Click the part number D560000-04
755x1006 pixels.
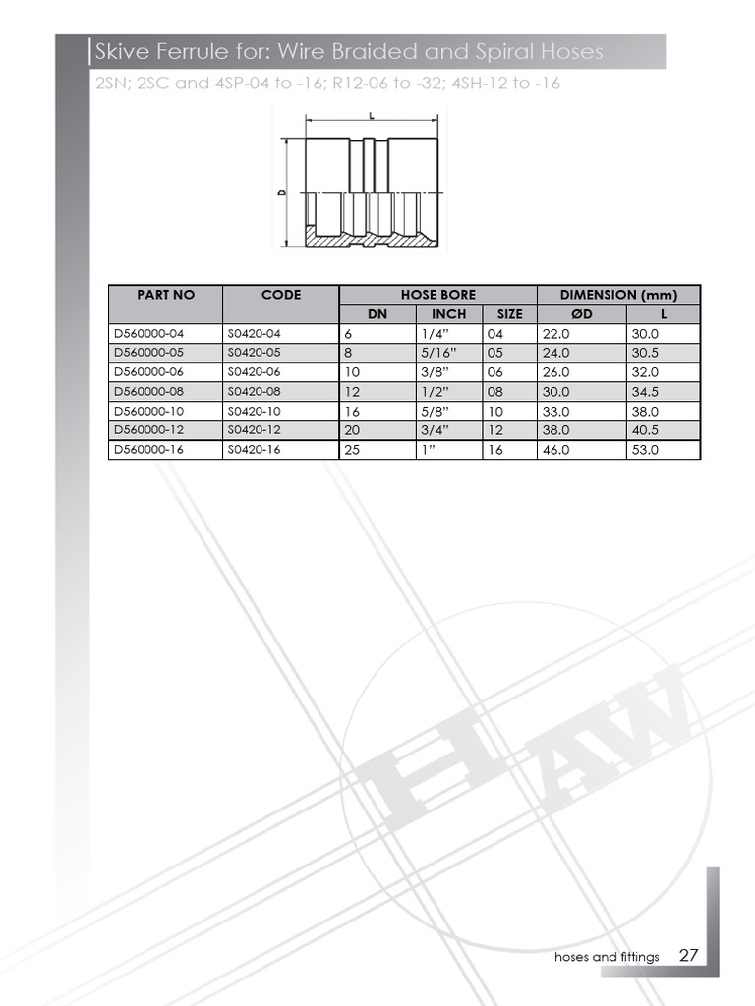(148, 334)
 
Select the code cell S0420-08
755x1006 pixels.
(254, 392)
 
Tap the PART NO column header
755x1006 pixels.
(166, 295)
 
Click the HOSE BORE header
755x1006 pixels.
(437, 295)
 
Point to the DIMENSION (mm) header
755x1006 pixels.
(618, 295)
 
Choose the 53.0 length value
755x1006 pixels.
(645, 450)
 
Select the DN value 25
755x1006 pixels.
(352, 450)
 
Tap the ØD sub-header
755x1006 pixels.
(581, 314)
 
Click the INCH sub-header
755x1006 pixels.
(448, 314)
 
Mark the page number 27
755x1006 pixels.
(688, 956)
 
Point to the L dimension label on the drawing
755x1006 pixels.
(372, 115)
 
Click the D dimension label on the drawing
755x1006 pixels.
(281, 193)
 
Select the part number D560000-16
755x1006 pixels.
(148, 450)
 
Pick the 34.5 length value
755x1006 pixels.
(645, 392)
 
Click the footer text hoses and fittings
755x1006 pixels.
(607, 957)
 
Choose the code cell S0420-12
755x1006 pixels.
(254, 430)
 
